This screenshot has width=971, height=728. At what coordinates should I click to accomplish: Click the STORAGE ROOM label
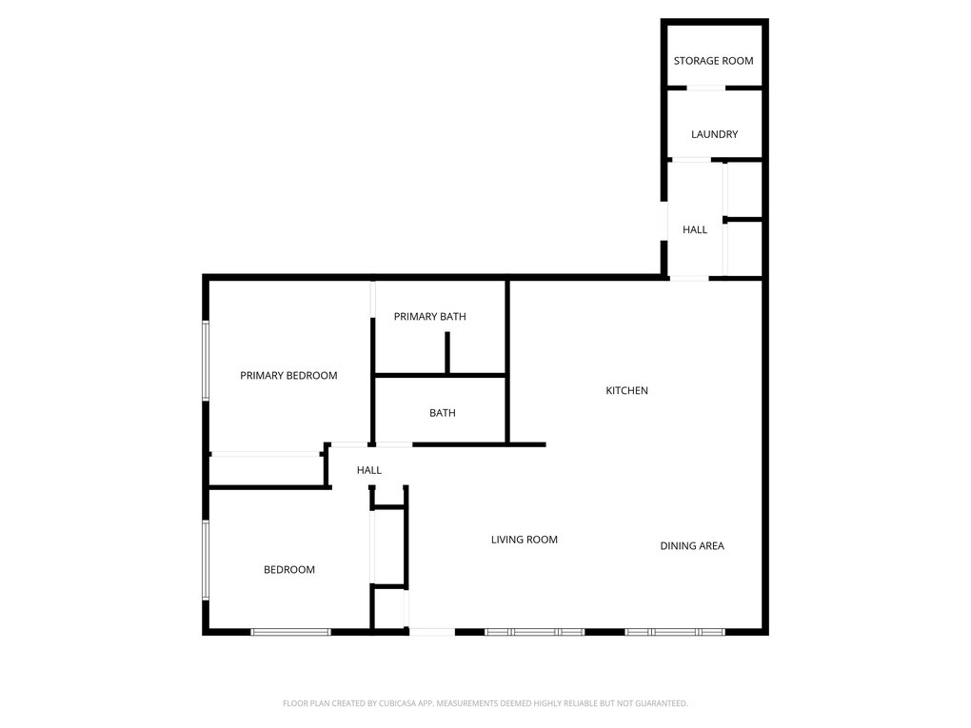coord(713,61)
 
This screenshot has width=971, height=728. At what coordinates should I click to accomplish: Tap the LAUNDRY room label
coord(715,134)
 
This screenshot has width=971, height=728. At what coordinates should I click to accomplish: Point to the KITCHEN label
coord(626,390)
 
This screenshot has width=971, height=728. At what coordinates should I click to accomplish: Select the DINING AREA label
coord(692,546)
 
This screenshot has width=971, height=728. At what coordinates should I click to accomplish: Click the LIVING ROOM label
coord(524,540)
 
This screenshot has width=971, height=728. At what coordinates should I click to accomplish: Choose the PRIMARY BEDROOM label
coord(288,376)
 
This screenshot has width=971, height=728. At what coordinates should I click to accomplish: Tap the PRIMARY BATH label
coord(429,317)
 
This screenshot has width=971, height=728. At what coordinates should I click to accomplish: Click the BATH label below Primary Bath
coord(442,413)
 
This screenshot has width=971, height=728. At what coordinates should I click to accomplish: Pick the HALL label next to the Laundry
coord(695,229)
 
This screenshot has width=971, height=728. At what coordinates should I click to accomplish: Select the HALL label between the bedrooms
coord(369,470)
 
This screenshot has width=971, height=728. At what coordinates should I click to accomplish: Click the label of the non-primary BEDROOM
coord(289,569)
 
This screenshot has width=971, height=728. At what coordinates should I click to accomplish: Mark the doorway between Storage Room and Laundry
coord(706,88)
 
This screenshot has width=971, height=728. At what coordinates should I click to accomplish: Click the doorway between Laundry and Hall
coord(692,160)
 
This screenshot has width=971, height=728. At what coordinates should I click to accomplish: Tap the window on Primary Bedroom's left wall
coord(206,361)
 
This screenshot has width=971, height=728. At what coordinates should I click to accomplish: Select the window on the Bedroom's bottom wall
coord(290,632)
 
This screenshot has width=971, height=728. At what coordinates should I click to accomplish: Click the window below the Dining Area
coord(674,632)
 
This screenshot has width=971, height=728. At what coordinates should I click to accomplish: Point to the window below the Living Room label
coord(534,632)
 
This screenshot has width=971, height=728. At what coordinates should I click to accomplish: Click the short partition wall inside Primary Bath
coord(447,353)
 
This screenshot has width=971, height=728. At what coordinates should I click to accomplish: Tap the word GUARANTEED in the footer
coord(664,703)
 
